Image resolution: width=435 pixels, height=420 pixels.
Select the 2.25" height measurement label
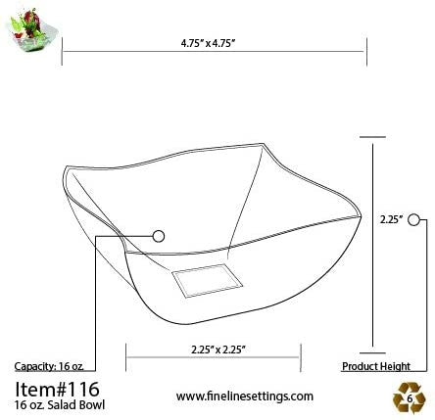point(391,220)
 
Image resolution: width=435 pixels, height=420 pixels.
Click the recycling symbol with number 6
point(409,397)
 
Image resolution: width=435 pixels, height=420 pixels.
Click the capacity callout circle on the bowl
point(159,235)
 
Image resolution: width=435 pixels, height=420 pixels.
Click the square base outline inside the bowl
point(206,280)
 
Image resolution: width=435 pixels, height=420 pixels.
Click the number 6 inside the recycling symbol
point(409,399)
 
